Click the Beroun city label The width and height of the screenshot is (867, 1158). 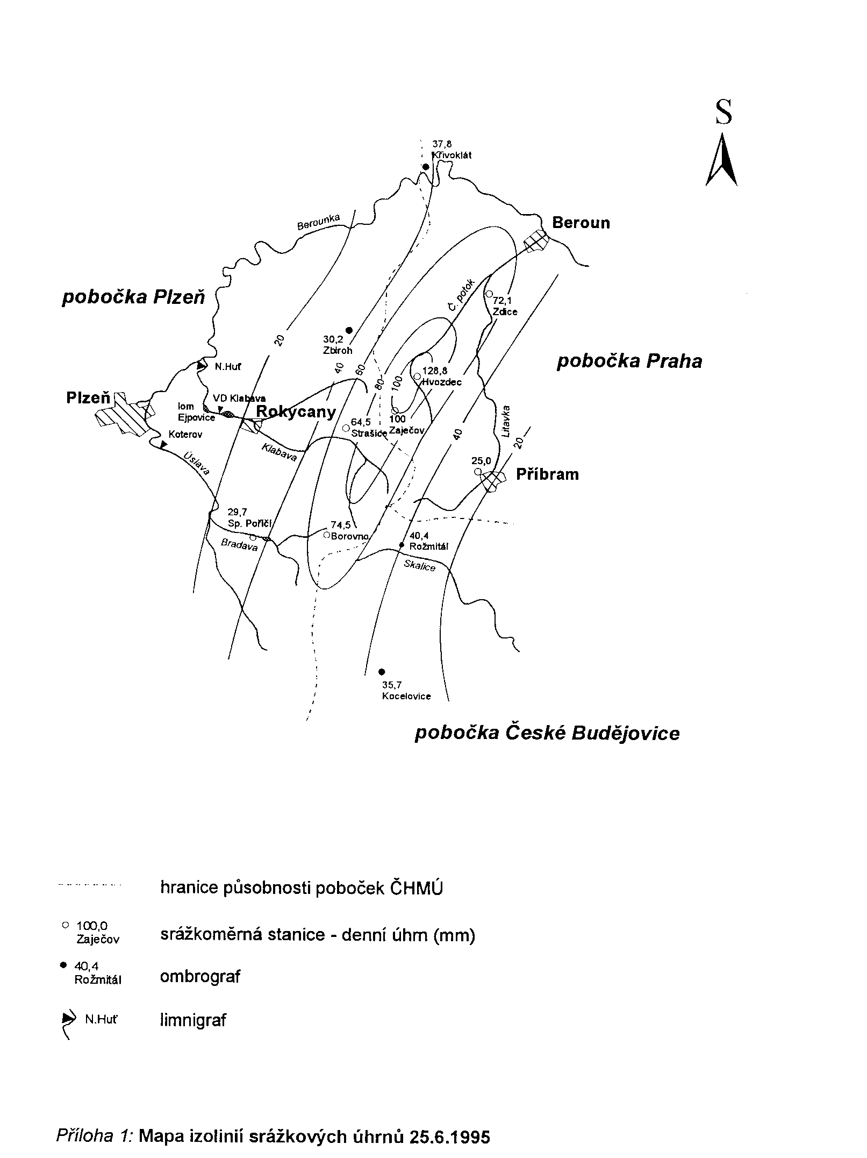point(581,223)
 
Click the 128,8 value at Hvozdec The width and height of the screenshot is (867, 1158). point(435,371)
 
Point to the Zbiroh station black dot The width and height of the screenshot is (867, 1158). point(348,330)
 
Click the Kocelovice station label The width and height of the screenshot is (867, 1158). point(406,696)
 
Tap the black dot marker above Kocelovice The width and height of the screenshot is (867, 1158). point(382,671)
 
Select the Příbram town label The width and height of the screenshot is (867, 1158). point(548,474)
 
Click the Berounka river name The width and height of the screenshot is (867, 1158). point(319,222)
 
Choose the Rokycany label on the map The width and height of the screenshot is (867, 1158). point(296,413)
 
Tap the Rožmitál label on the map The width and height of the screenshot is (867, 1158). point(429,547)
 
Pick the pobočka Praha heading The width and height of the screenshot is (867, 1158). point(629,361)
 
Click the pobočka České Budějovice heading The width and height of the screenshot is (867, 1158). point(547,734)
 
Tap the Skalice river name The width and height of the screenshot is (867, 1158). point(420,565)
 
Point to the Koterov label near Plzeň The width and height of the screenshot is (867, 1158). point(185,435)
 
